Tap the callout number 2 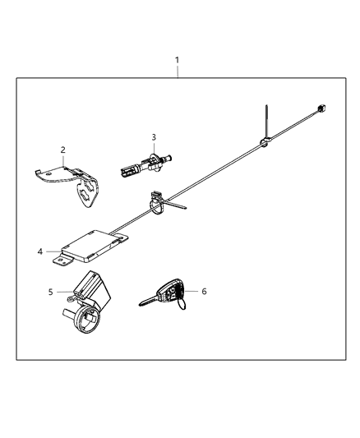62,150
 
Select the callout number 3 153,136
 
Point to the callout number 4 39,251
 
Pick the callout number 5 50,292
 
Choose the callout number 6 205,291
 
